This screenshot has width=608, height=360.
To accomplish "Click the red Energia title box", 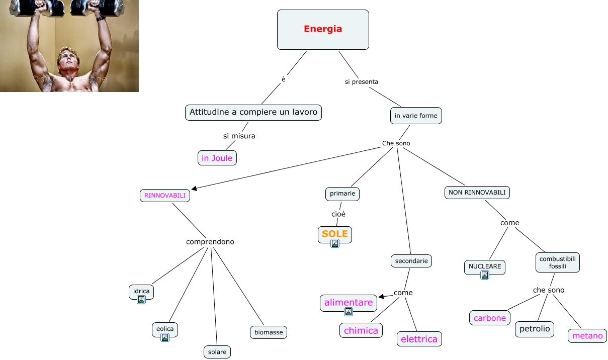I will click(x=323, y=30).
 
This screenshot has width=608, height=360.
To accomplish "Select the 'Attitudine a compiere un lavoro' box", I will click(x=253, y=113).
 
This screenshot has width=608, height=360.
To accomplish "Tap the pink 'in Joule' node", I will click(x=217, y=158).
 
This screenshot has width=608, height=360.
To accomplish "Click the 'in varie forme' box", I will click(x=416, y=116).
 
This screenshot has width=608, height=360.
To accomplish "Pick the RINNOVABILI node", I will click(x=165, y=195).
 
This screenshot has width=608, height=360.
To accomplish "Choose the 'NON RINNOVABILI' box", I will click(x=477, y=193).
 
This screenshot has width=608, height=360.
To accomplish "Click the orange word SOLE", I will click(x=335, y=234).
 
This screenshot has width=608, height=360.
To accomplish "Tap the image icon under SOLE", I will click(x=335, y=243).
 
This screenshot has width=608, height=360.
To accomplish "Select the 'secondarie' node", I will click(x=411, y=261).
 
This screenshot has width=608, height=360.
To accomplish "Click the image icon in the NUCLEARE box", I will click(x=485, y=275).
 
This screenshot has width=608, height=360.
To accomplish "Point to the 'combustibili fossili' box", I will click(x=557, y=262).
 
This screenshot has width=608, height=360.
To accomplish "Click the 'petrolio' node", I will click(x=535, y=329).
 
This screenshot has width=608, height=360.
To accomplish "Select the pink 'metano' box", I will click(x=587, y=335).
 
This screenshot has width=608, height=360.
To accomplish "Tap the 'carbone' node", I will click(x=490, y=318).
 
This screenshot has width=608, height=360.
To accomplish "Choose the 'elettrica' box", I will click(x=419, y=339).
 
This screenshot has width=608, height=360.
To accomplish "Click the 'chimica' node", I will click(x=361, y=330).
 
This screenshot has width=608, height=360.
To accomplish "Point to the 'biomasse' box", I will click(x=269, y=332).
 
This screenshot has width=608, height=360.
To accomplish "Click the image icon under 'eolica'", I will click(x=165, y=337).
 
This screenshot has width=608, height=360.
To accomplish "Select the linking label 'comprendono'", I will click(x=210, y=242).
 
